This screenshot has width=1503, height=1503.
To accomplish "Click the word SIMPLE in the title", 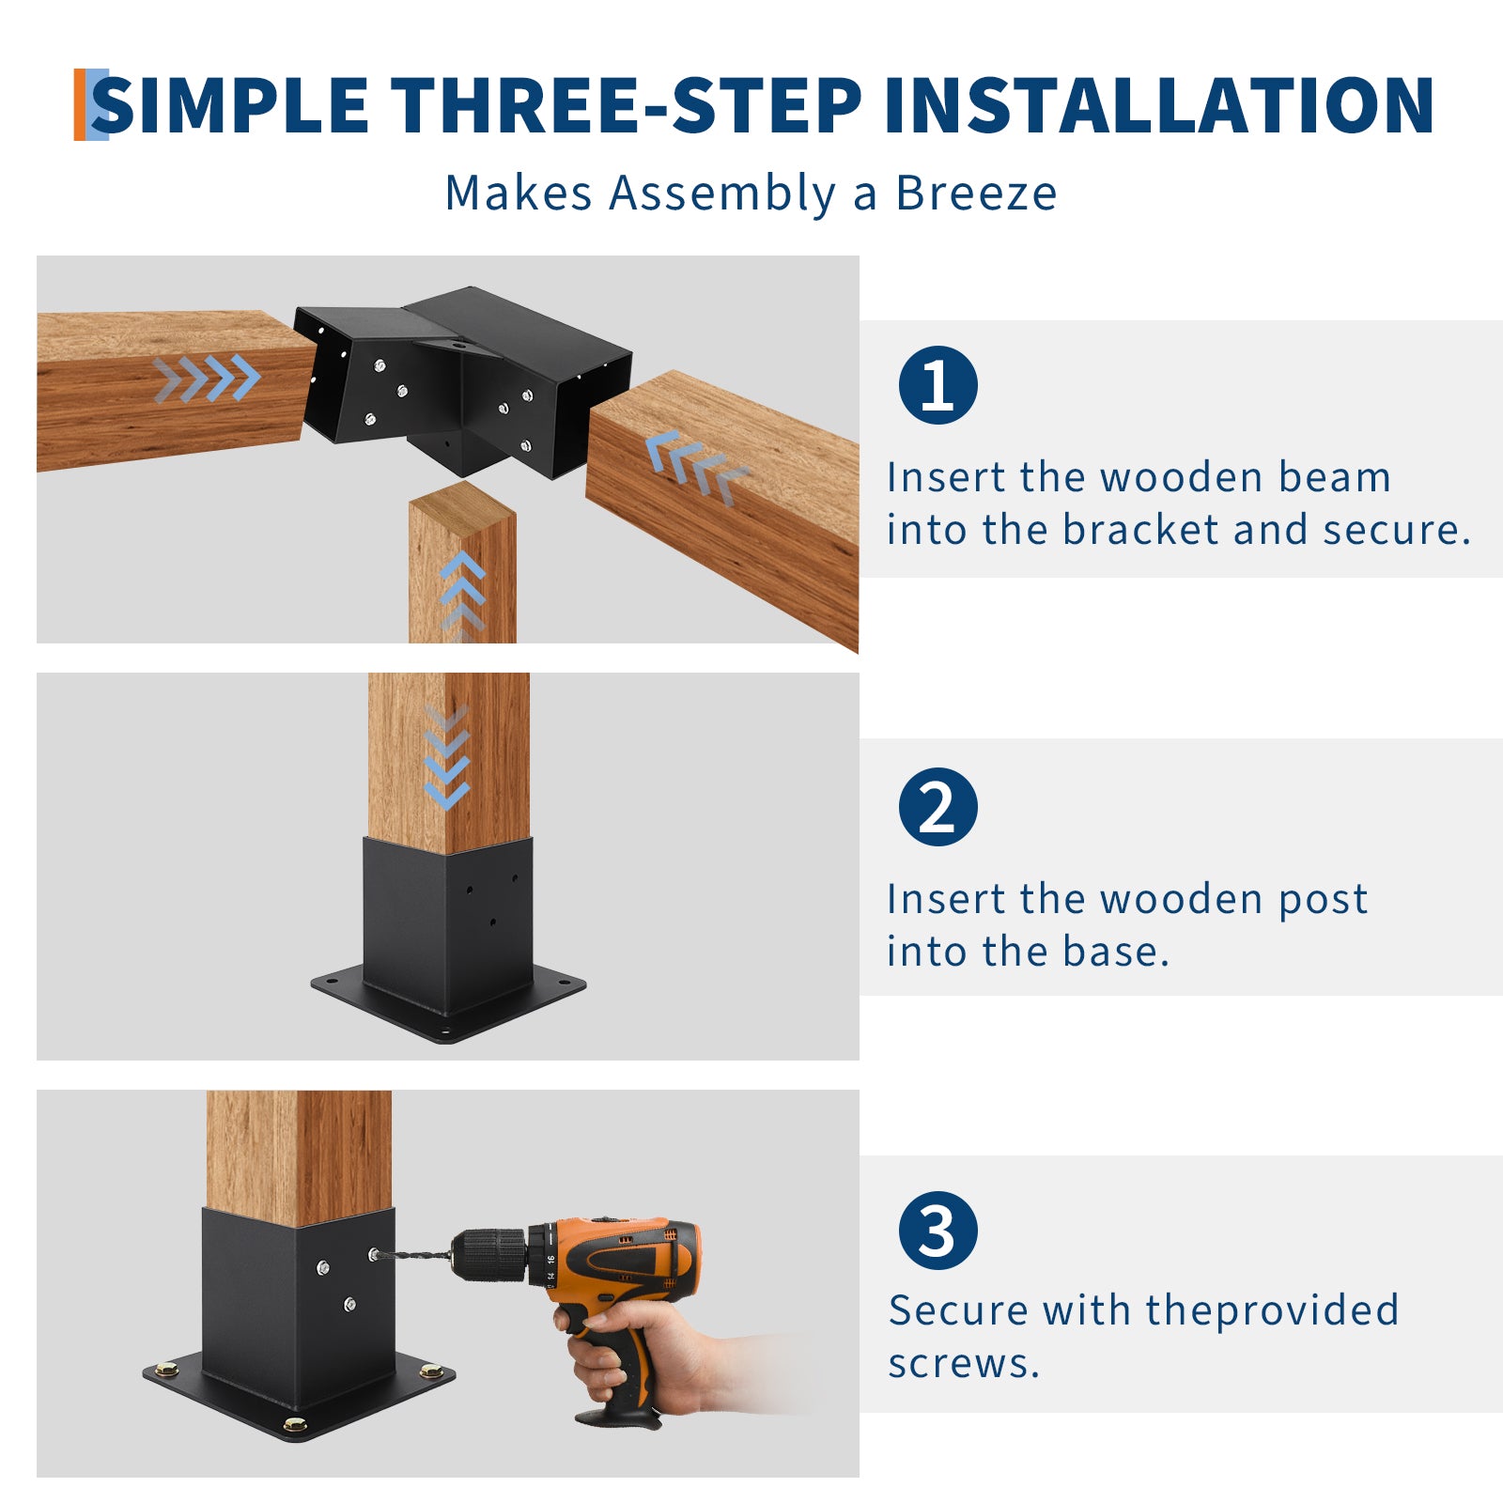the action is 230,104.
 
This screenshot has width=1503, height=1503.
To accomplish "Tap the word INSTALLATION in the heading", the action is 1159,104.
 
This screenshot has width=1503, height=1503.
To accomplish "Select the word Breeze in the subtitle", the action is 976,193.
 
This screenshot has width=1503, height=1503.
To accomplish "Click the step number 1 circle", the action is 937,385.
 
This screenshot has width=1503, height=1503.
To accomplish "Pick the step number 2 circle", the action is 937,807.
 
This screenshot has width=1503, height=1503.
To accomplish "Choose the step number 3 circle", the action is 937,1231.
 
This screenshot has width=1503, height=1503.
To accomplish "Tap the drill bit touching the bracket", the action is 413,1256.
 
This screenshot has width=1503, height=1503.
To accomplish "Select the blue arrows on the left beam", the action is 207,378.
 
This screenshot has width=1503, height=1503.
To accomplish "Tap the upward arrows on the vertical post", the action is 462,594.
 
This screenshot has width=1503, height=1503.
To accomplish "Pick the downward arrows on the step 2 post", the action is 446,756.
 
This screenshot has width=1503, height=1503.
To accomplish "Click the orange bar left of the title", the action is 80,104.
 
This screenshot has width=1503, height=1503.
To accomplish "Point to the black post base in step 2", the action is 449,939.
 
